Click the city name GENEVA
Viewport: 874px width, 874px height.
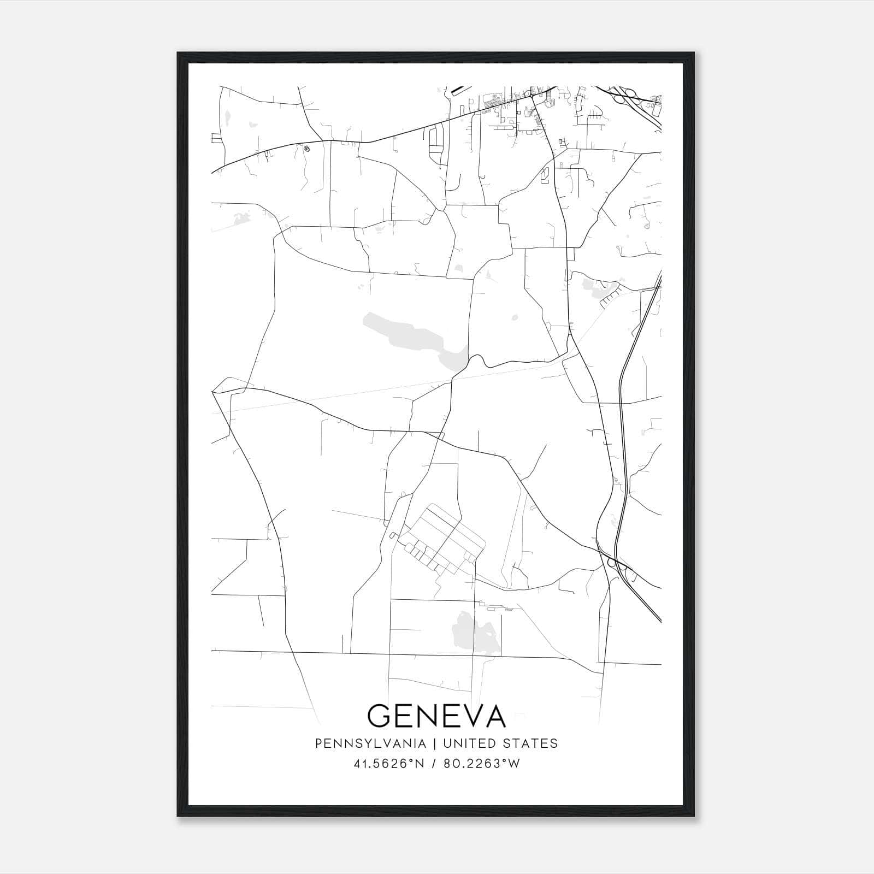(x=436, y=716)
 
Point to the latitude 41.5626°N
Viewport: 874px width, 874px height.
(x=389, y=764)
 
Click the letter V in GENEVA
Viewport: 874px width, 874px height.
(x=468, y=716)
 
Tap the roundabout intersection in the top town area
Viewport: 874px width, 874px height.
(x=532, y=96)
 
